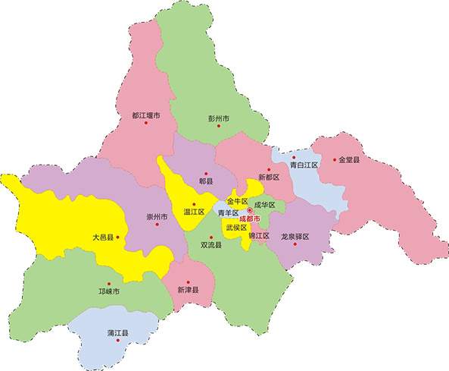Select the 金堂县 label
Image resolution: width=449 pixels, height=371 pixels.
pos(351,160)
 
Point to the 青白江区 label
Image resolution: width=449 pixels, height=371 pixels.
pos(304,165)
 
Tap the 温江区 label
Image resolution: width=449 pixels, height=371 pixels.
pos(195,212)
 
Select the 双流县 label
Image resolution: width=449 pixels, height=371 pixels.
pos(211,245)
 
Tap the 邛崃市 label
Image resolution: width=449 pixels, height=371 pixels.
pos(109,290)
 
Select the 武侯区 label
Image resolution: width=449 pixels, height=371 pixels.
pos(236,227)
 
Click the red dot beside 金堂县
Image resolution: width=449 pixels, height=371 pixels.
pos(334,160)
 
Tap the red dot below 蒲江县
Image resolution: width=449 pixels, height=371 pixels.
pos(117,341)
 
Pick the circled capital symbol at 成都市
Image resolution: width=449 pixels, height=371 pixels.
pos(250,210)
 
